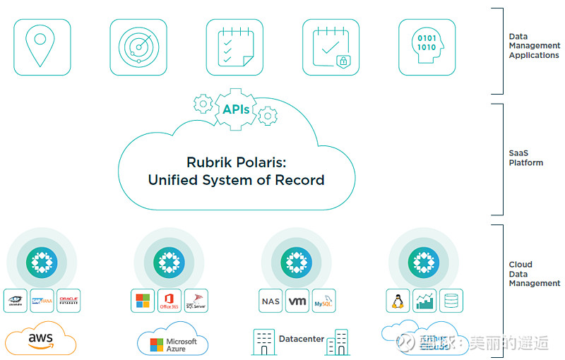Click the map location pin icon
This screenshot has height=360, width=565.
42,47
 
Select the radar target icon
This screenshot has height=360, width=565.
138,47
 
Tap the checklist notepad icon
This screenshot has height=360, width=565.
234,47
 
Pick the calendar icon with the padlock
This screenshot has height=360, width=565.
331,47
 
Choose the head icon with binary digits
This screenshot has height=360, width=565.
427,47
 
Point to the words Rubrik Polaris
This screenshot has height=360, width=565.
236,162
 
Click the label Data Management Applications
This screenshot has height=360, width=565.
533,46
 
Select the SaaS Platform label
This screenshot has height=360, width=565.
526,157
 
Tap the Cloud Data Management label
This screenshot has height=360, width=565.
534,274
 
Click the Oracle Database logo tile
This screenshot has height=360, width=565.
69,301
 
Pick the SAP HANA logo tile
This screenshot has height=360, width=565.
42,301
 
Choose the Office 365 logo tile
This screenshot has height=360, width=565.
169,301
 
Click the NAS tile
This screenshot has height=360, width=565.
270,301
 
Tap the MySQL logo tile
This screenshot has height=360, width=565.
324,301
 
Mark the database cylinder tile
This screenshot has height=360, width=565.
451,301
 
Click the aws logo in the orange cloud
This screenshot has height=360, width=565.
41,339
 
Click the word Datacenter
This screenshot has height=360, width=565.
302,339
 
